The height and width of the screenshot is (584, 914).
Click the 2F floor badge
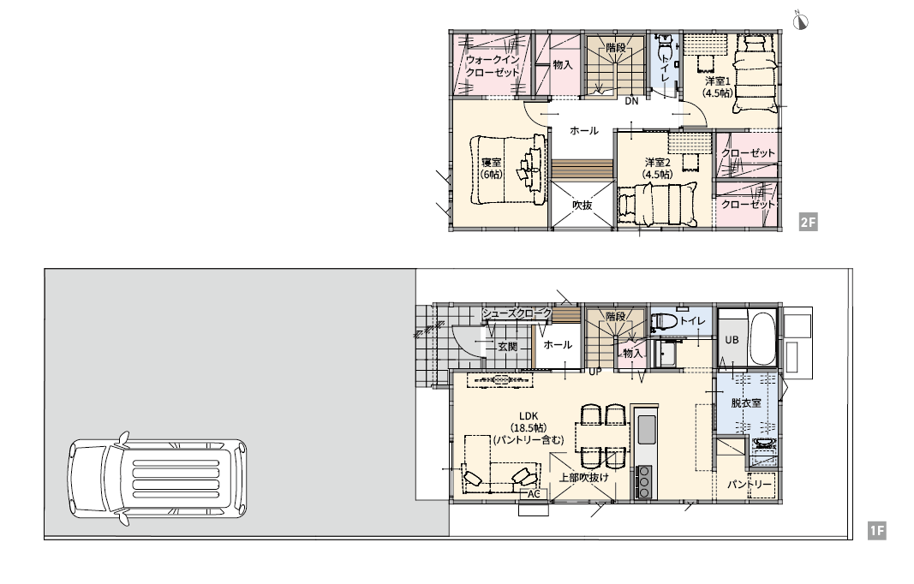(x=808, y=222)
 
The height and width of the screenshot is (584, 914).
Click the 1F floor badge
(x=876, y=531)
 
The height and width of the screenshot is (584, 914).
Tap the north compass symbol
(x=801, y=21)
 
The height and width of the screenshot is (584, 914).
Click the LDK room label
(x=529, y=416)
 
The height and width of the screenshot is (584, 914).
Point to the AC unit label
(x=534, y=494)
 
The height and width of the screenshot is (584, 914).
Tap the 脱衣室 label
(x=746, y=402)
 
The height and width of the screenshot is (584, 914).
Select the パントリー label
(x=749, y=485)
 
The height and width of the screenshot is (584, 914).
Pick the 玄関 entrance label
(x=508, y=346)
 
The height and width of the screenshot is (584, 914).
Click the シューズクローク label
(x=517, y=313)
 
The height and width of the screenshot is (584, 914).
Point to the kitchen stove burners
(x=643, y=481)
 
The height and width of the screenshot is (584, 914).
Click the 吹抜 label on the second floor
(x=582, y=206)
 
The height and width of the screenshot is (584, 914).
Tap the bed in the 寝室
(x=508, y=170)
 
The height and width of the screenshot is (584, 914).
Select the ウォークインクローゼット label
(x=492, y=66)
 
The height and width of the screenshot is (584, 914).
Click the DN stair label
(x=632, y=101)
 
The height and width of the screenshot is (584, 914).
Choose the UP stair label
(x=595, y=371)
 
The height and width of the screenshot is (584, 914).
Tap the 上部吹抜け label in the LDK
(x=584, y=477)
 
